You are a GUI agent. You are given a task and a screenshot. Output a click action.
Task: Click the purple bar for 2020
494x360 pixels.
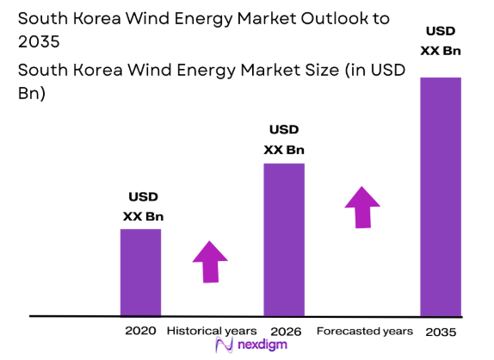click(139, 271)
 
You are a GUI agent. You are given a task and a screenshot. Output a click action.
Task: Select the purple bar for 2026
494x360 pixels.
click(284, 239)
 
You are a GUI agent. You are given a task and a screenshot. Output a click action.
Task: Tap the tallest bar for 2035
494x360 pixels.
click(440, 196)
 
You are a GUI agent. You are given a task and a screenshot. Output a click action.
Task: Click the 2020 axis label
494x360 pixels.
click(139, 331)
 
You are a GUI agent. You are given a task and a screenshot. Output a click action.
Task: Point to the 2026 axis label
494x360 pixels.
click(284, 331)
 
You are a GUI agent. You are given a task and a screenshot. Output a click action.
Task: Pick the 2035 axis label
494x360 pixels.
click(440, 332)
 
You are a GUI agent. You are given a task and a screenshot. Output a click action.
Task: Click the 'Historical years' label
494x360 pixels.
click(211, 331)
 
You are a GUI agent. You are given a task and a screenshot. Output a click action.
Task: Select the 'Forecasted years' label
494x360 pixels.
click(364, 331)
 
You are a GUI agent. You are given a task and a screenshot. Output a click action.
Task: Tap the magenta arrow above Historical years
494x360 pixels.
click(209, 261)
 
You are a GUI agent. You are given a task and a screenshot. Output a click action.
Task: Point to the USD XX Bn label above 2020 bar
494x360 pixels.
click(142, 207)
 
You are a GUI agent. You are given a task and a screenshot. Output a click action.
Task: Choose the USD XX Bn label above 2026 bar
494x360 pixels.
click(284, 140)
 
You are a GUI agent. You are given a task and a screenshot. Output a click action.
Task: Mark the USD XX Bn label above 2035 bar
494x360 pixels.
click(440, 41)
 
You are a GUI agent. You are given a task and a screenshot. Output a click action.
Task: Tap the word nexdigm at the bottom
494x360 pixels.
click(261, 346)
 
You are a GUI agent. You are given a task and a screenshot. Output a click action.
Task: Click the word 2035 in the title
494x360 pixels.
click(32, 40)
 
